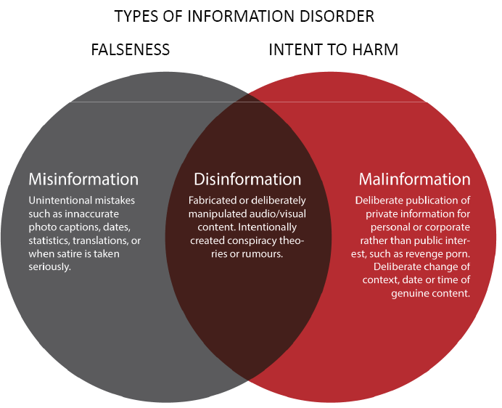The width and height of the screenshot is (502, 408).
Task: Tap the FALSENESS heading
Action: tap(130, 50)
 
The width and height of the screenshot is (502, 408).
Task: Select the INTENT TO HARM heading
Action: tap(333, 50)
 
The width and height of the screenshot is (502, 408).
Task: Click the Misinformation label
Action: tap(83, 179)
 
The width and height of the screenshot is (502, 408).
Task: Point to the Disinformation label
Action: tap(247, 179)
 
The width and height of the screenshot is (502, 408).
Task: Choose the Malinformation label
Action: tap(414, 179)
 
